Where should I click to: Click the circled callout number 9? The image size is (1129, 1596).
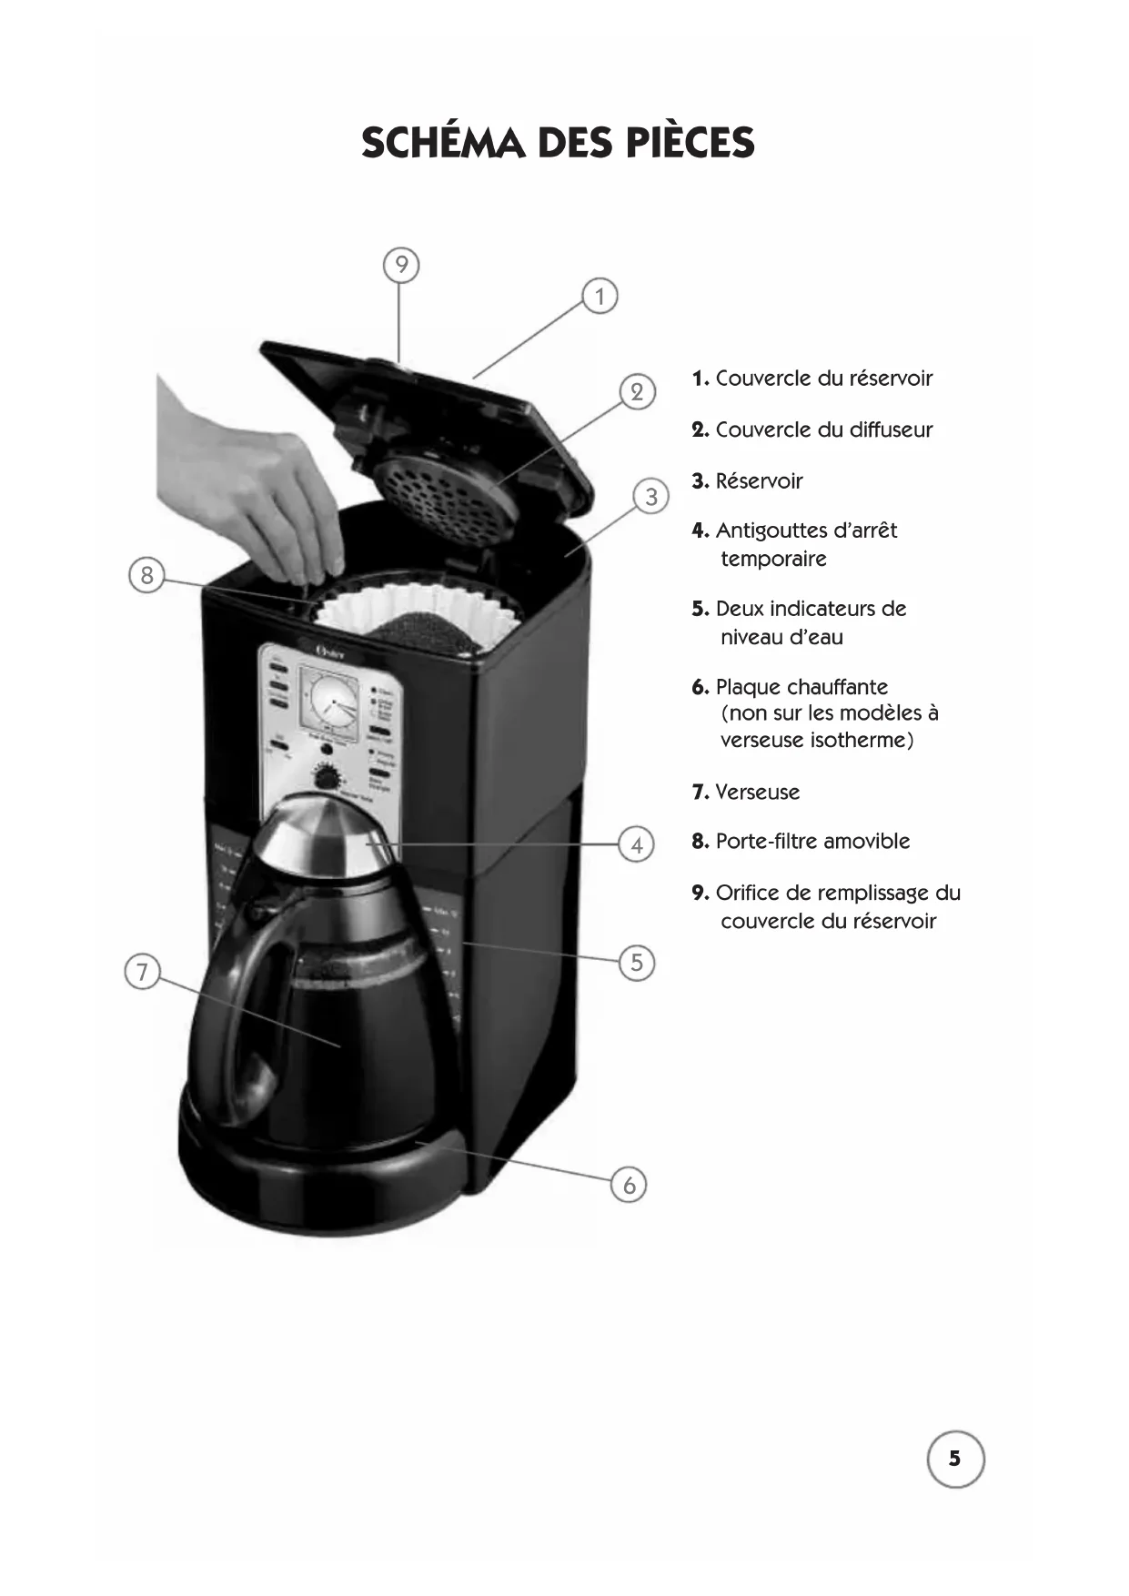point(401,265)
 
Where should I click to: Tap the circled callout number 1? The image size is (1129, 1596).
point(600,297)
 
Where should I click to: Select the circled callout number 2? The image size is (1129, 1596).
point(637,392)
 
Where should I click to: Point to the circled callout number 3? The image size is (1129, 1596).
point(651,498)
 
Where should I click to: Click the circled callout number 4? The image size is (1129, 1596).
point(637,845)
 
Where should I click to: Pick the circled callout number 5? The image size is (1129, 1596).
point(637,963)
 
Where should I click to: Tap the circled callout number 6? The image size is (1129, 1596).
point(630,1186)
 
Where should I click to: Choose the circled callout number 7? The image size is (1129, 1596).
point(141,973)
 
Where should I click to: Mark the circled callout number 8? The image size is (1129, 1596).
point(146,575)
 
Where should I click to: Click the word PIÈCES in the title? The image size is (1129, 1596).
point(691,143)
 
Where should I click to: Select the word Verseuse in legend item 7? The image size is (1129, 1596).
point(757,793)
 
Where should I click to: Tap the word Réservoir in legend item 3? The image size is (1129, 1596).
point(759,481)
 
